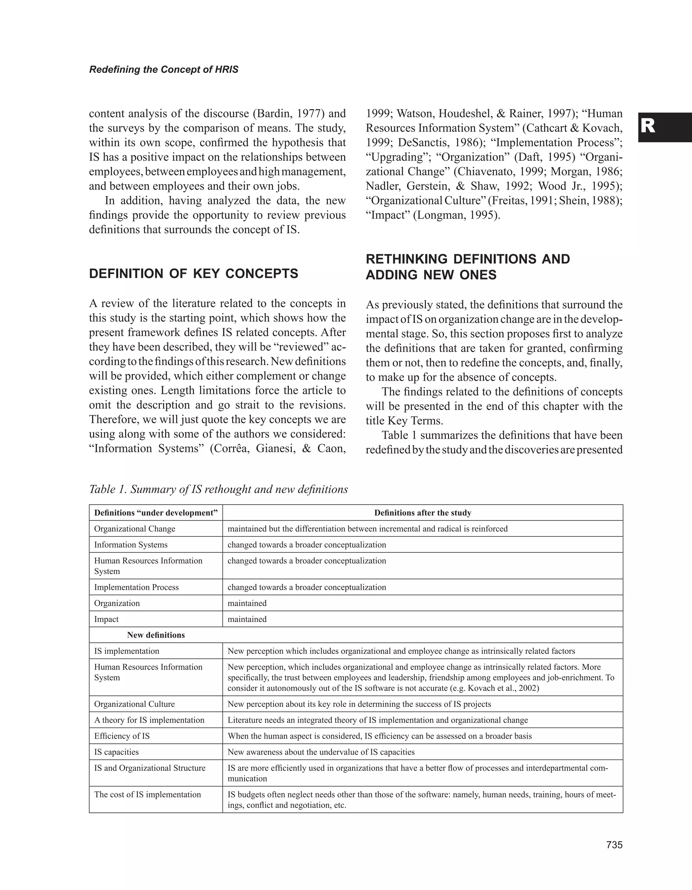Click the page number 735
[x=614, y=845]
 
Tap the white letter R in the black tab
[x=648, y=127]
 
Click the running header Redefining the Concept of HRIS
[x=164, y=70]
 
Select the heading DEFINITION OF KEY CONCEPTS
[x=194, y=274]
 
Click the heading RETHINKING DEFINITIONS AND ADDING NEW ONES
[x=468, y=267]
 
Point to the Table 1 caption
[x=218, y=489]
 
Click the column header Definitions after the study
[x=422, y=513]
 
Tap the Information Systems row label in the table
[x=131, y=545]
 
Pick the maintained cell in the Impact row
[x=247, y=619]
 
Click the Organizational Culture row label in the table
[x=134, y=704]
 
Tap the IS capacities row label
[x=117, y=752]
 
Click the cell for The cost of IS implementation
[x=147, y=795]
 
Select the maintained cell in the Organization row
[x=247, y=603]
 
